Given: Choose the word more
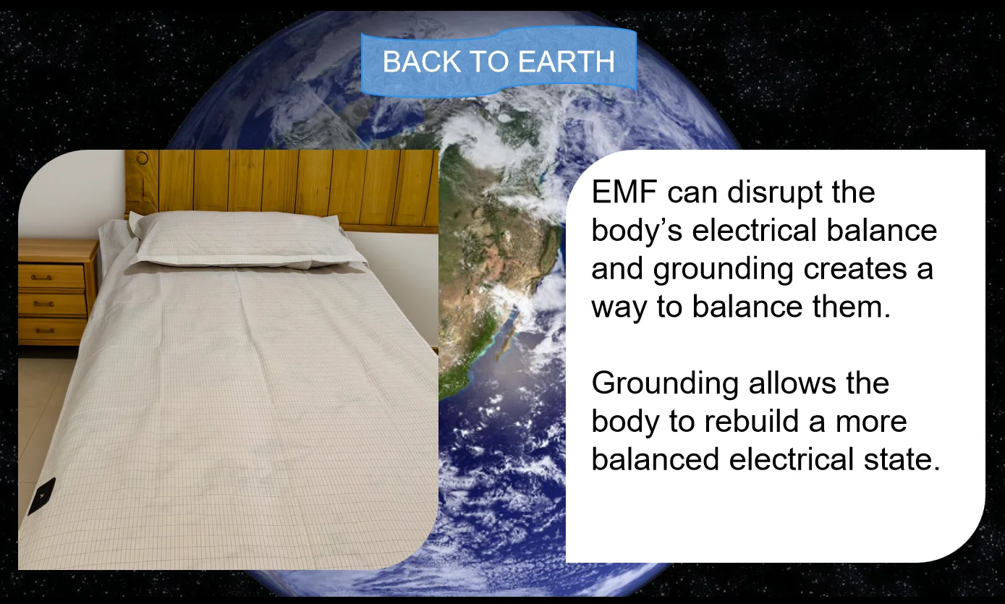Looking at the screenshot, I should pyautogui.click(x=872, y=422).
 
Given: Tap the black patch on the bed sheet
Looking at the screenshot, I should pyautogui.click(x=41, y=496).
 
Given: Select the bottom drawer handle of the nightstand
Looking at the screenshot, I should pyautogui.click(x=44, y=330).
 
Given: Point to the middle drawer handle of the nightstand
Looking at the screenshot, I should pyautogui.click(x=44, y=305).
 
